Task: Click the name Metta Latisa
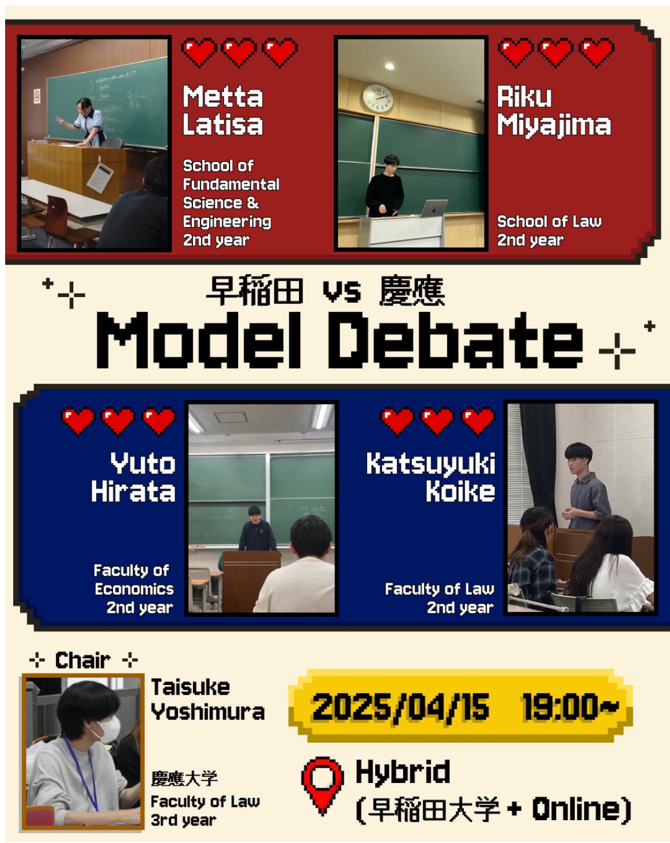pyautogui.click(x=223, y=110)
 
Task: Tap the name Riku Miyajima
pyautogui.click(x=554, y=111)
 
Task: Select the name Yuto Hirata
pyautogui.click(x=133, y=477)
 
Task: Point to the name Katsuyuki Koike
pyautogui.click(x=431, y=477)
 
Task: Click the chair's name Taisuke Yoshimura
pyautogui.click(x=208, y=699)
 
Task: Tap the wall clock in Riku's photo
pyautogui.click(x=377, y=98)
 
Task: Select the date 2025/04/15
pyautogui.click(x=401, y=707)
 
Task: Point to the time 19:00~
pyautogui.click(x=570, y=706)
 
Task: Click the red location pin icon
pyautogui.click(x=322, y=783)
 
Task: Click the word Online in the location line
pyautogui.click(x=576, y=809)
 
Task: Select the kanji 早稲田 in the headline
pyautogui.click(x=255, y=291)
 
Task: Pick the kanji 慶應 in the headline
pyautogui.click(x=412, y=291)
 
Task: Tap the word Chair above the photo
pyautogui.click(x=82, y=660)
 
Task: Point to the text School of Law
pyautogui.click(x=549, y=221)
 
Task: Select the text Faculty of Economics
pyautogui.click(x=133, y=580)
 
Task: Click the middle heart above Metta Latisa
pyautogui.click(x=238, y=53)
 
